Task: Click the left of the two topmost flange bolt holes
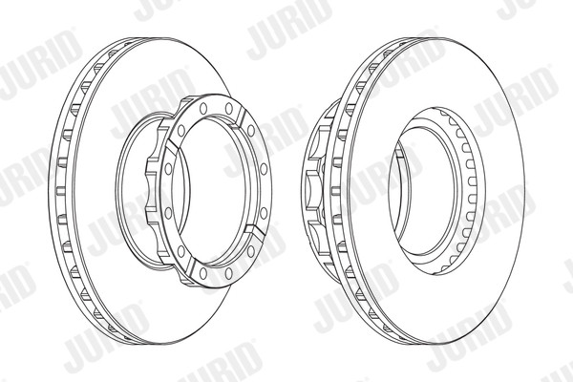(x=203, y=108)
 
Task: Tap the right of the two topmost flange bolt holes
(x=229, y=108)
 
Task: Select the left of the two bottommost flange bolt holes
(x=203, y=273)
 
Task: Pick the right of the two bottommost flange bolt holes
(x=229, y=273)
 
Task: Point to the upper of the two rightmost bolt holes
(x=264, y=169)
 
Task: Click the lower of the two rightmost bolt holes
(x=264, y=213)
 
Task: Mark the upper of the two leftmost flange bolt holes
(x=168, y=169)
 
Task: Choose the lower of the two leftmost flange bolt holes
(x=168, y=213)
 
